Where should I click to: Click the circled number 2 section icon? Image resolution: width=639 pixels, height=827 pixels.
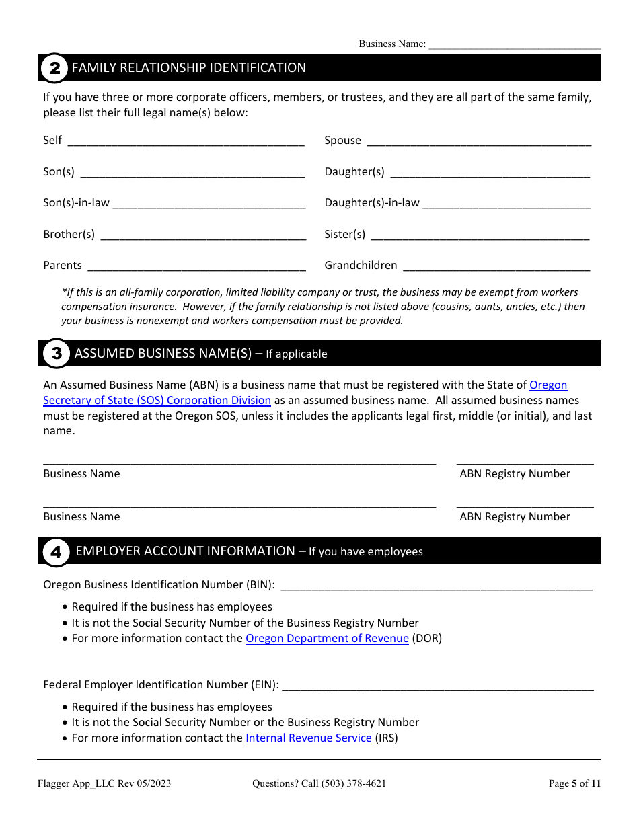(54, 68)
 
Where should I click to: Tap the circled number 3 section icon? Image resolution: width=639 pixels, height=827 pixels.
(57, 354)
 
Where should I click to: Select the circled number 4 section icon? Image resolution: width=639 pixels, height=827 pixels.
(57, 552)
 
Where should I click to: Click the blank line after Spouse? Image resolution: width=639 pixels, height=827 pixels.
(478, 141)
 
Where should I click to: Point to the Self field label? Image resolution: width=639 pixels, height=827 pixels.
(52, 140)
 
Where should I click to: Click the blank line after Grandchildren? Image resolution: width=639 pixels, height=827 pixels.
(496, 266)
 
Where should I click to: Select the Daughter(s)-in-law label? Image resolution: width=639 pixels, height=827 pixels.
(371, 202)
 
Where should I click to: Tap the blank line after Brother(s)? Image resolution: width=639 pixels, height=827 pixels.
(202, 235)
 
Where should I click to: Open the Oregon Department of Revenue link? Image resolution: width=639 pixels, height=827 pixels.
(327, 638)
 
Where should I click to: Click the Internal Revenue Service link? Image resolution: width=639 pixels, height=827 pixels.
(308, 738)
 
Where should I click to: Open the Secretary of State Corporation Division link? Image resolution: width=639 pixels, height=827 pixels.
(157, 400)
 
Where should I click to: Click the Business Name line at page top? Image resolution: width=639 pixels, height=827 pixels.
(515, 44)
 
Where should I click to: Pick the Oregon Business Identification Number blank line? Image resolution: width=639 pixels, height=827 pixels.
(436, 586)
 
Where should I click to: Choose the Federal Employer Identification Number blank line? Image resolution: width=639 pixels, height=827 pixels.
(437, 686)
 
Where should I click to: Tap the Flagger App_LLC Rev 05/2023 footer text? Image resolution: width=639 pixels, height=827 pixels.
(104, 783)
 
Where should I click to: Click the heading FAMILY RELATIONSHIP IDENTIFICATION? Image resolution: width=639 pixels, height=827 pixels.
(188, 68)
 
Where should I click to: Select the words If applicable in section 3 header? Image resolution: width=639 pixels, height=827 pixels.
(296, 354)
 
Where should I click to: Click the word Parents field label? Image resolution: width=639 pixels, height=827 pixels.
(63, 265)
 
